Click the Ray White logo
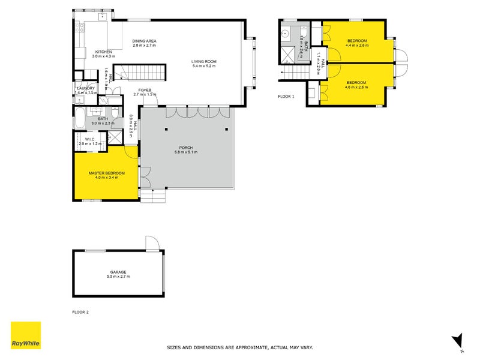(26, 335)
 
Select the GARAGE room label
(118, 272)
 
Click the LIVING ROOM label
(204, 62)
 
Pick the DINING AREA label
(144, 41)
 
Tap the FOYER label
(145, 90)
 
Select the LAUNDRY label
(86, 88)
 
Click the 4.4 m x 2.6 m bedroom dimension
(357, 45)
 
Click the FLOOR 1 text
(286, 96)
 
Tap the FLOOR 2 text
(80, 312)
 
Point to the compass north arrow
(457, 341)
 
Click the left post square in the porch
(168, 130)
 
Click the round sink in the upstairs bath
(286, 34)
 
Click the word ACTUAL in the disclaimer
(265, 347)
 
